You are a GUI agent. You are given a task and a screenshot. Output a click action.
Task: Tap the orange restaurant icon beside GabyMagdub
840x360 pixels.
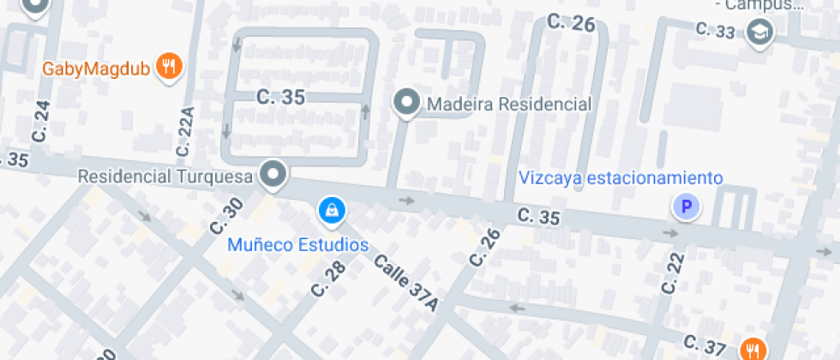tap(171, 66)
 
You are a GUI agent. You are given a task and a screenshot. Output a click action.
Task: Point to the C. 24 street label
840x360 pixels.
tap(41, 121)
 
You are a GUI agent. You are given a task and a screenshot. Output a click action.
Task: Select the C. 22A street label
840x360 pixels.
tap(185, 131)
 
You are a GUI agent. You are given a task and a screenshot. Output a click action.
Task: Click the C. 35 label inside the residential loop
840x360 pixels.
tap(280, 98)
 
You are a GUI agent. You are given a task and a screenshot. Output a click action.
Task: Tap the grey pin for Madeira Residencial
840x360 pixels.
tap(405, 103)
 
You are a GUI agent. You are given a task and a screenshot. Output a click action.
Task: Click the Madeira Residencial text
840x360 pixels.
tap(509, 105)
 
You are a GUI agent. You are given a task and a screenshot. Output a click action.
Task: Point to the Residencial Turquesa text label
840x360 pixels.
tap(165, 177)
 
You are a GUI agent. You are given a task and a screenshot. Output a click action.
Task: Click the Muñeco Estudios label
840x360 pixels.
tap(297, 245)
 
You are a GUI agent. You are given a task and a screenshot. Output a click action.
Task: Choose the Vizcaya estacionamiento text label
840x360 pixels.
tap(621, 178)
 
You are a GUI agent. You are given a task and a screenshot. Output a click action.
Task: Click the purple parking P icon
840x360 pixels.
tap(685, 207)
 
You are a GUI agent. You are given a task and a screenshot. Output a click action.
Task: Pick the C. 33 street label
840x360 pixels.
tap(715, 31)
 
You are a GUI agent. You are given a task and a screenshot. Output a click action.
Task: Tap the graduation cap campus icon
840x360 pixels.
tap(759, 33)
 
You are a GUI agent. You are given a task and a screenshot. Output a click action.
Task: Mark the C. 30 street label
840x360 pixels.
tap(226, 216)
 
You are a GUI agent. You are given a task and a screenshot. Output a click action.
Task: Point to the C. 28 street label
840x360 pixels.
tap(328, 278)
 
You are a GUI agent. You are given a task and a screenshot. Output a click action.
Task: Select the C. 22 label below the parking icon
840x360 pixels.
tap(675, 273)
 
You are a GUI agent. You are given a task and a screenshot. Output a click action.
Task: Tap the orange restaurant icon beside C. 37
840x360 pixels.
tap(754, 349)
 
